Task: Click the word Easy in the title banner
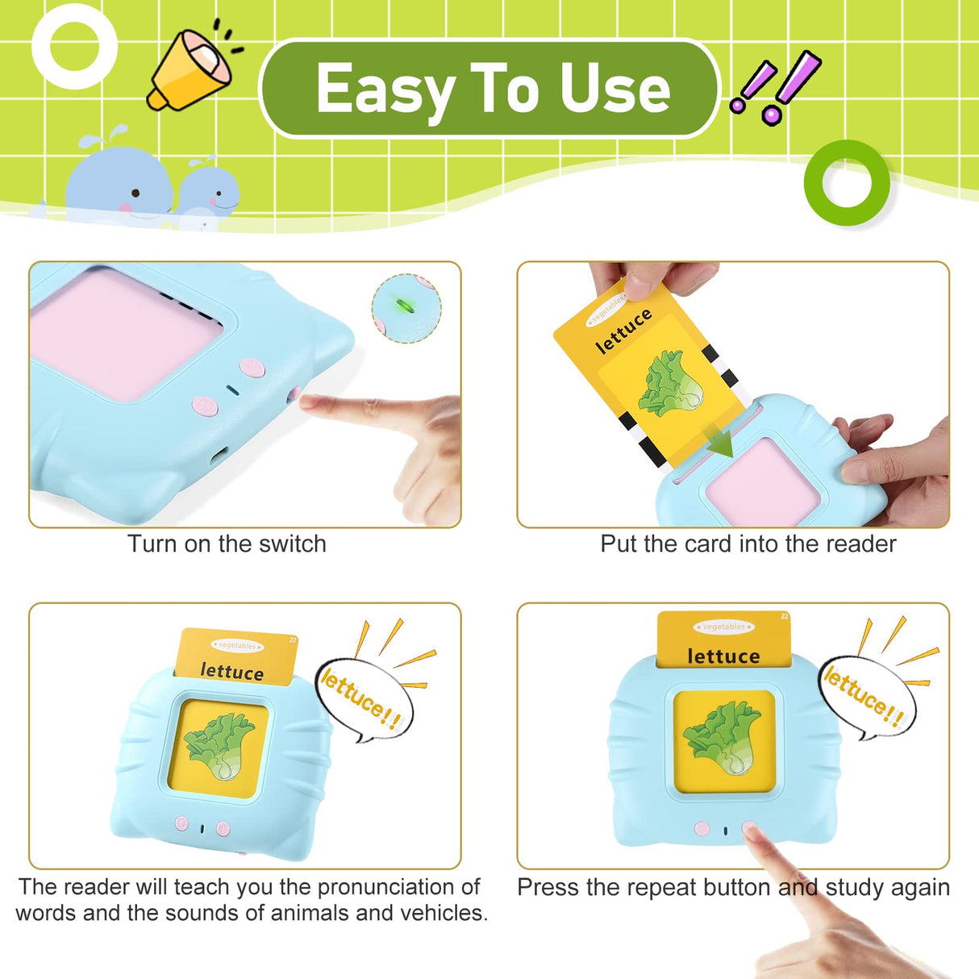[x=385, y=90]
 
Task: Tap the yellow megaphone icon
[x=190, y=68]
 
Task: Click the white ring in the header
[x=74, y=46]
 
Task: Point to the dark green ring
[x=847, y=183]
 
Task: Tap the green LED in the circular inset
[x=406, y=306]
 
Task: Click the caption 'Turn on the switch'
[x=227, y=544]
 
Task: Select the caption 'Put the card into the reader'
[x=748, y=544]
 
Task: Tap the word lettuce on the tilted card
[x=623, y=331]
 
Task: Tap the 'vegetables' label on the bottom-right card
[x=723, y=627]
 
